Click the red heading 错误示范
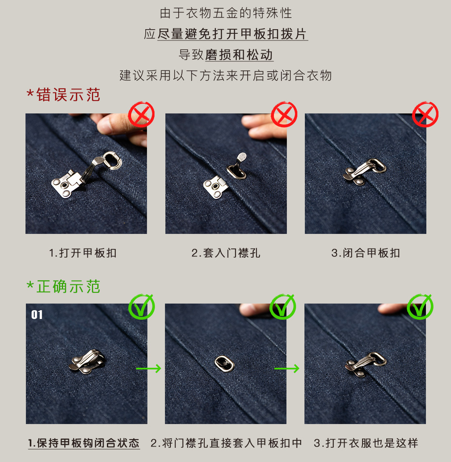[63, 95]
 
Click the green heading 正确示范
[63, 287]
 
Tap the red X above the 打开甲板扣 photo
[142, 114]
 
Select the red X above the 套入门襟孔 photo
[284, 114]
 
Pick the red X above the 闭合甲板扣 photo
[425, 114]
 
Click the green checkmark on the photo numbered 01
[142, 306]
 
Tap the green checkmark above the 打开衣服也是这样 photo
[420, 306]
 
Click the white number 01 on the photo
[37, 315]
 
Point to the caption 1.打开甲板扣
[83, 253]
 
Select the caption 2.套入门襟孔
[226, 253]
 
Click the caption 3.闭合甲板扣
[365, 253]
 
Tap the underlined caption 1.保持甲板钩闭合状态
[84, 443]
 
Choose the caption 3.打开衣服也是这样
[366, 443]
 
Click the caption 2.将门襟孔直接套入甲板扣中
[226, 443]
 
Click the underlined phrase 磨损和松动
[239, 55]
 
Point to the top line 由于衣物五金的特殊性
[226, 13]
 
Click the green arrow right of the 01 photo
[149, 368]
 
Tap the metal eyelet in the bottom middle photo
[224, 363]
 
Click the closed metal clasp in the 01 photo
[86, 362]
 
